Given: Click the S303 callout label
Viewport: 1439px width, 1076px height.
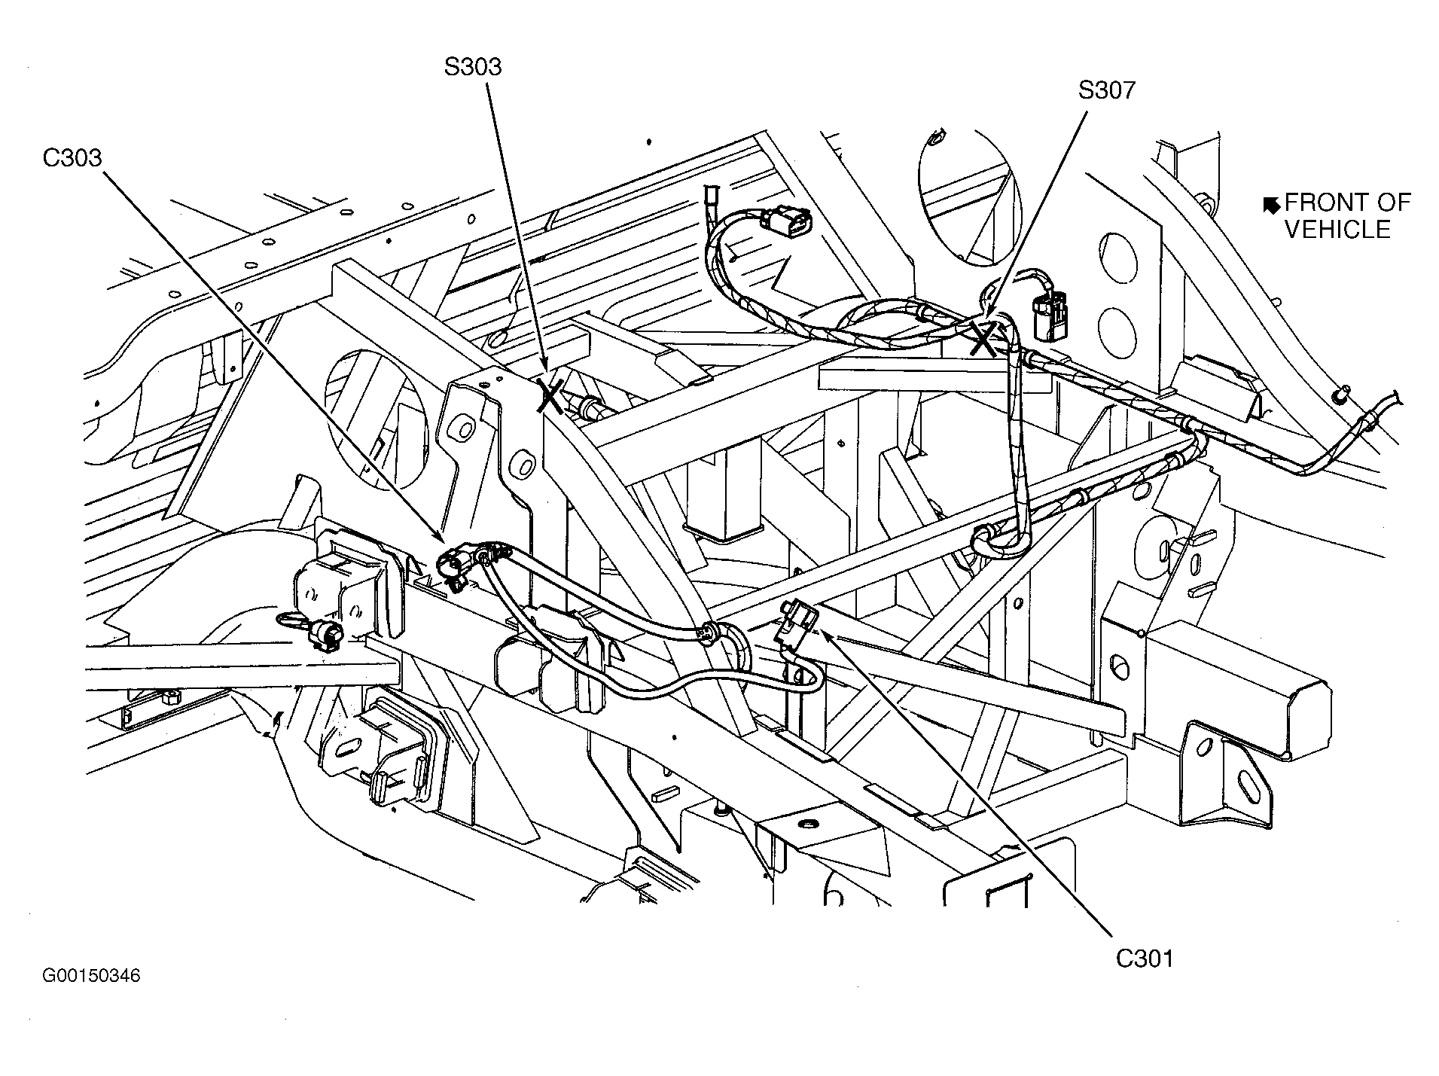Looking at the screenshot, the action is pos(473,67).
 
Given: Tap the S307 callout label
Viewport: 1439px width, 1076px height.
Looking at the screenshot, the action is pos(1106,90).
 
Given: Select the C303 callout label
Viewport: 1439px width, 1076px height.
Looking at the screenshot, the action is pos(72,158).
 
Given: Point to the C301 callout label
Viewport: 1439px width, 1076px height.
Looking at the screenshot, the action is pos(1145,959).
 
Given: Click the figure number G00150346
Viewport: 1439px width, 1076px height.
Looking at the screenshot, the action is pos(91,976).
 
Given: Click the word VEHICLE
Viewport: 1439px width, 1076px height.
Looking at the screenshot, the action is pos(1337,230).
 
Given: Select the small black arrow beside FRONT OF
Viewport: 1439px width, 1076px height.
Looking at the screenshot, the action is pos(1272,203).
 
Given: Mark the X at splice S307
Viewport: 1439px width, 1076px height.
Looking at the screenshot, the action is pos(983,339).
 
